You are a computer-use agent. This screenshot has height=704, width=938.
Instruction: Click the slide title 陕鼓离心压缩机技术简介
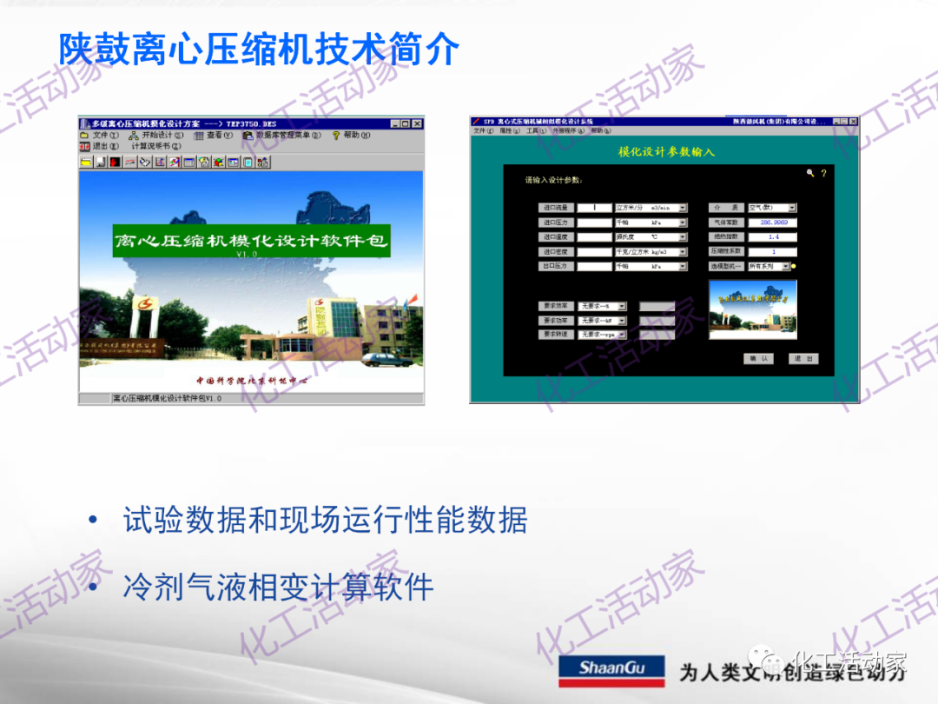point(259,50)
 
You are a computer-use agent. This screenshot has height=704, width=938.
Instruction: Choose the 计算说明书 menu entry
point(155,147)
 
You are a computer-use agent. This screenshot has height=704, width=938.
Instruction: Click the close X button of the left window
point(418,123)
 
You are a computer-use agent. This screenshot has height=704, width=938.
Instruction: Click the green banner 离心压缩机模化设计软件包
point(251,240)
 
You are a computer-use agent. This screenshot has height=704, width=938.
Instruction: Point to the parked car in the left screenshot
point(379,359)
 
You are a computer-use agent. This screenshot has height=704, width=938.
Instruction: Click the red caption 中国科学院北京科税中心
point(251,381)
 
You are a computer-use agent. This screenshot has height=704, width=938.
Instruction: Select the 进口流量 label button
point(555,208)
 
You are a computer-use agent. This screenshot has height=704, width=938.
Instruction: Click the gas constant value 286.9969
point(772,222)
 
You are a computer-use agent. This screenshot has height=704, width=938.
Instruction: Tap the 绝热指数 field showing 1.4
point(772,237)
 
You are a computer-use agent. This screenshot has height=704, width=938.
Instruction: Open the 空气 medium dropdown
point(791,208)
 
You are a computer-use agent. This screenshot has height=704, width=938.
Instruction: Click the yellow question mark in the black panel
point(823,174)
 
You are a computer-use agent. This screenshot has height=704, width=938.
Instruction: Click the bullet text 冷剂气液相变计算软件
point(278,587)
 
